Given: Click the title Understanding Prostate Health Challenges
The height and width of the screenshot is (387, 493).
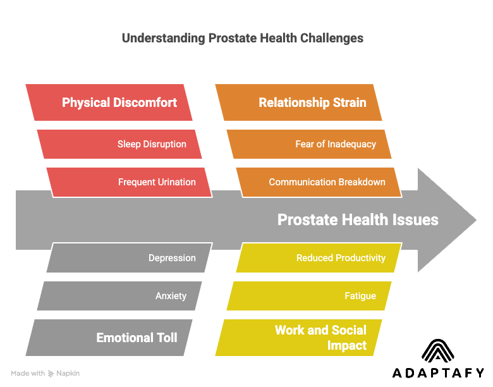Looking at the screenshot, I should coord(242,38).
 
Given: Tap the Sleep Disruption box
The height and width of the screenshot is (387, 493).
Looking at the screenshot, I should coord(120,144).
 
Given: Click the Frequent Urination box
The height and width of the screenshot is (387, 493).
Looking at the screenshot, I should coord(130,182).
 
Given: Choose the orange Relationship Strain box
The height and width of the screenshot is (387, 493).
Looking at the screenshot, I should coord(299,102).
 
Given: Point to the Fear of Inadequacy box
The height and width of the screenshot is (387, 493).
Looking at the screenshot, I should coord(309,144).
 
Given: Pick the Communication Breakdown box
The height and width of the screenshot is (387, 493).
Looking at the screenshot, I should coord(319,182).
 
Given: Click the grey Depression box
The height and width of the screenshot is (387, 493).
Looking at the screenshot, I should coord(130,258).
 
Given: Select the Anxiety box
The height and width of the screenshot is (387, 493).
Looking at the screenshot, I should coord(120,296).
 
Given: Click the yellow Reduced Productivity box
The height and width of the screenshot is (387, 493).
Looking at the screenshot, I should coord(319,258).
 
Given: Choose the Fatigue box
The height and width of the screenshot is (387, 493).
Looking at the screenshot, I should coord(309,296).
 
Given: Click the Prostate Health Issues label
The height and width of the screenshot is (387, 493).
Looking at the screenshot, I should coord(358,220).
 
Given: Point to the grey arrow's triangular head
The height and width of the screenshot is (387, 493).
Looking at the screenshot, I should coord(446,220).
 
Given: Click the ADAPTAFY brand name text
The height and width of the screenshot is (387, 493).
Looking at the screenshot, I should coord(438,373).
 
